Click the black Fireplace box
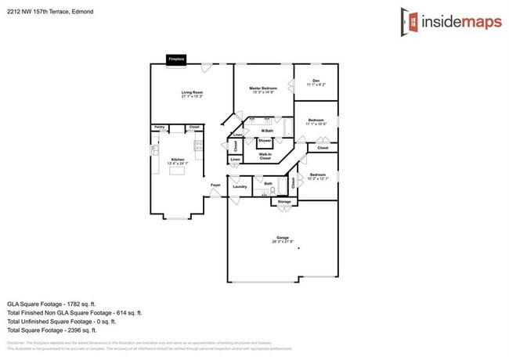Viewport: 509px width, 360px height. click(x=177, y=59)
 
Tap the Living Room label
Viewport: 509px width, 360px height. click(x=192, y=93)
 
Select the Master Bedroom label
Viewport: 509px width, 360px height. click(x=263, y=88)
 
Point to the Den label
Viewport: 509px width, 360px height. click(x=316, y=81)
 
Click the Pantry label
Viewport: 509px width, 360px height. click(x=159, y=127)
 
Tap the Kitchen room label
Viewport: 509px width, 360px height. click(x=178, y=160)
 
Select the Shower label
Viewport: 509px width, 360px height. click(x=265, y=140)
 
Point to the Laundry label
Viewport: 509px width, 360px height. click(x=240, y=186)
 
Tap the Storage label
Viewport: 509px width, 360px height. click(x=283, y=202)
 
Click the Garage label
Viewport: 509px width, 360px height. click(x=283, y=238)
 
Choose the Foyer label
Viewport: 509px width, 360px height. click(x=215, y=185)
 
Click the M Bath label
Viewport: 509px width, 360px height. click(x=267, y=131)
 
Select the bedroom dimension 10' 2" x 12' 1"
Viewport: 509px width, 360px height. click(x=317, y=179)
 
